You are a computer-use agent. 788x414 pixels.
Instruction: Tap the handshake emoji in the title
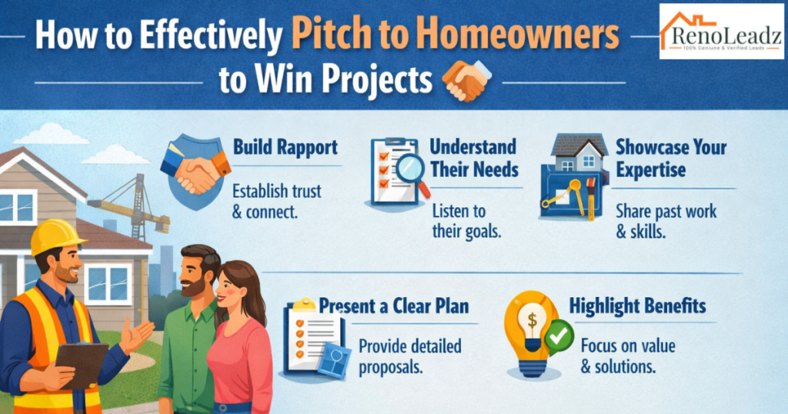pyautogui.click(x=466, y=80)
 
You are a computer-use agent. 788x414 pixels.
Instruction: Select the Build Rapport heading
pyautogui.click(x=285, y=147)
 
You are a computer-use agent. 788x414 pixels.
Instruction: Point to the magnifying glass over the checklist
pyautogui.click(x=410, y=169)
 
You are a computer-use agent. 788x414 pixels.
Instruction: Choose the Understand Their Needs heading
pyautogui.click(x=472, y=157)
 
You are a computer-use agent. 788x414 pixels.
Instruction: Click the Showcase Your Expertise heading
pyautogui.click(x=670, y=157)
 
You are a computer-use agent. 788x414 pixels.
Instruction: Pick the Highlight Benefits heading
pyautogui.click(x=637, y=305)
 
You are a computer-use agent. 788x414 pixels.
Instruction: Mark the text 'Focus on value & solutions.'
pyautogui.click(x=628, y=356)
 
